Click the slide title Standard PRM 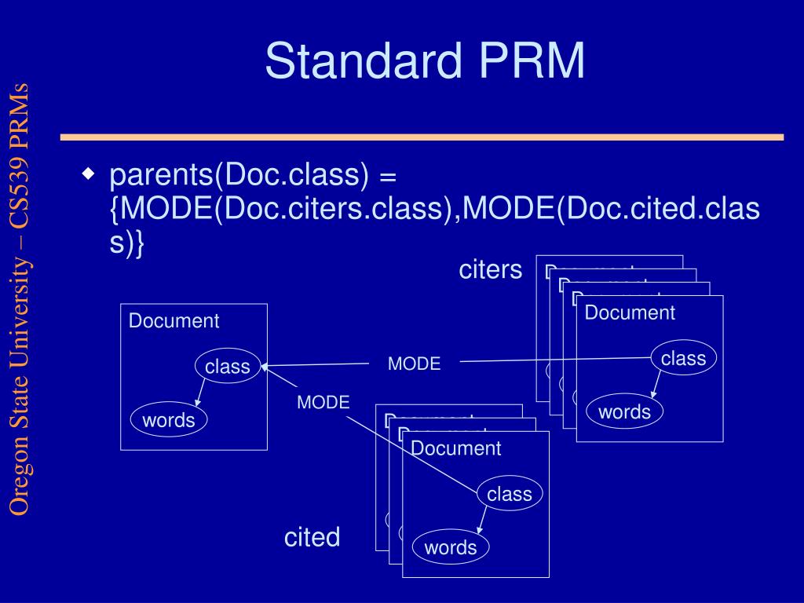point(425,61)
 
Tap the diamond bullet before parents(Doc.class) point(90,172)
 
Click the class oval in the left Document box point(228,367)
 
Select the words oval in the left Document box point(169,420)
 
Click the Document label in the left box point(174,321)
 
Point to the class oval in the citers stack point(683,359)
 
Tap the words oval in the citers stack point(624,412)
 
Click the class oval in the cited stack point(510,494)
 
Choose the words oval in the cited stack point(451,547)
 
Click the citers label point(490,270)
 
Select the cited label point(312,538)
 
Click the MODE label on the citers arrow point(414,364)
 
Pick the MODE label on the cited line point(323,403)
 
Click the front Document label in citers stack point(630,312)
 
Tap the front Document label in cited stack point(455,448)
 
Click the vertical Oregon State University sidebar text point(20,298)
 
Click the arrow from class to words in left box point(200,393)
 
